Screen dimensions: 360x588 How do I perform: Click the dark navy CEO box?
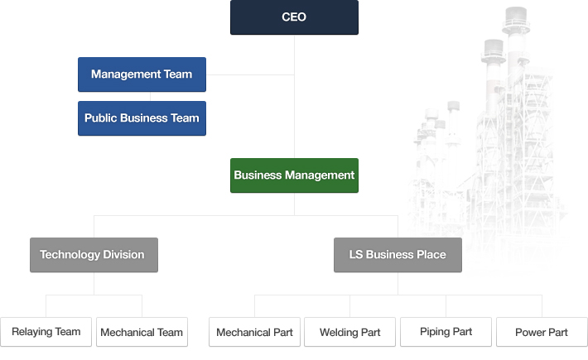pyautogui.click(x=294, y=17)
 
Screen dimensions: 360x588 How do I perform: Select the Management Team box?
pyautogui.click(x=142, y=74)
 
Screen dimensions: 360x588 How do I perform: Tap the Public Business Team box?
pyautogui.click(x=142, y=118)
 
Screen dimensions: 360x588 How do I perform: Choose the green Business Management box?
pyautogui.click(x=294, y=175)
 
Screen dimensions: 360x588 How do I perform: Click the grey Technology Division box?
pyautogui.click(x=94, y=255)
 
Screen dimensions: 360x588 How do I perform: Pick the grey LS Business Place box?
pyautogui.click(x=398, y=255)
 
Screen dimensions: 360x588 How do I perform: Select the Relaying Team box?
pyautogui.click(x=46, y=332)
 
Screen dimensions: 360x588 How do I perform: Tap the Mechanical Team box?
pyautogui.click(x=142, y=332)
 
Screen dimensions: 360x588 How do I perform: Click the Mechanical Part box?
pyautogui.click(x=254, y=332)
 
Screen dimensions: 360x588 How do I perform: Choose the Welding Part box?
pyautogui.click(x=349, y=332)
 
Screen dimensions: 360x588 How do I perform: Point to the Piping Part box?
pyautogui.click(x=446, y=332)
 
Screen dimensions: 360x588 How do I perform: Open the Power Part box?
pyautogui.click(x=542, y=332)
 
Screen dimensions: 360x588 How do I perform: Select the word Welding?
pyautogui.click(x=339, y=333)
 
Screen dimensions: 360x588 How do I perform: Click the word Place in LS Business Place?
pyautogui.click(x=430, y=255)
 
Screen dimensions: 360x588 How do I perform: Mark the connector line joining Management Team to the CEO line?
pyautogui.click(x=250, y=74)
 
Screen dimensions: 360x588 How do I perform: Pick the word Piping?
pyautogui.click(x=434, y=332)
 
